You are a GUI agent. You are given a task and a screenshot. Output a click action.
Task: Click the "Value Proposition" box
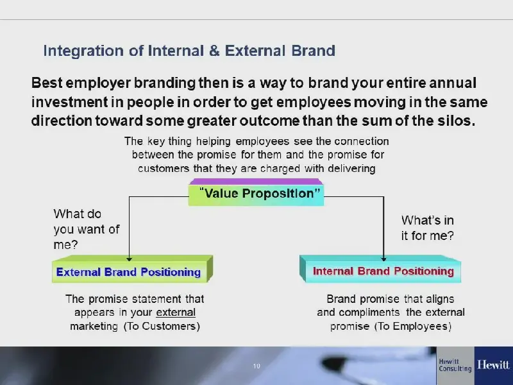(x=256, y=192)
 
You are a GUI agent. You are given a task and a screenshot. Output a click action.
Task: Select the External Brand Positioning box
(x=132, y=269)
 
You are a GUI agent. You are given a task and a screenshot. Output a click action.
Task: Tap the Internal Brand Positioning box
(x=380, y=269)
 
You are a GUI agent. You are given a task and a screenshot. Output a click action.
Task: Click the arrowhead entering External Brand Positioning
(x=130, y=259)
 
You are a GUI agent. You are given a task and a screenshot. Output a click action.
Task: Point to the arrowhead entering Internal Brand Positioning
(x=383, y=259)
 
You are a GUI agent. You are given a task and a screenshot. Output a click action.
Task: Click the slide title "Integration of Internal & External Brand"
(x=189, y=51)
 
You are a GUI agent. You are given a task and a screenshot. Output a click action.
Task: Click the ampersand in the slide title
(x=214, y=51)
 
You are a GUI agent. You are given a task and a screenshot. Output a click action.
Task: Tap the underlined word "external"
(x=176, y=312)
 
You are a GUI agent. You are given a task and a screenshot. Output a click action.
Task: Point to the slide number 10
(x=256, y=366)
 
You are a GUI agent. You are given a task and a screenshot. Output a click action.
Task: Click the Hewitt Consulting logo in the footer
(x=455, y=365)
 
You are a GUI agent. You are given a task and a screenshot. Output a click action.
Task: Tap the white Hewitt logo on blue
(x=493, y=364)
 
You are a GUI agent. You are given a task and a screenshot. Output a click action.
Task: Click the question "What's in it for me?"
(x=428, y=228)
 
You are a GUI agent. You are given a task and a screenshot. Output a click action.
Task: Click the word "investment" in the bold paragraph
(x=69, y=102)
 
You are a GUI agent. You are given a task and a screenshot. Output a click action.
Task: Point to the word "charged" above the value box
(x=280, y=169)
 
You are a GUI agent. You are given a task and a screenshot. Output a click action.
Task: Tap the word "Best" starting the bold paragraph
(x=47, y=83)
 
